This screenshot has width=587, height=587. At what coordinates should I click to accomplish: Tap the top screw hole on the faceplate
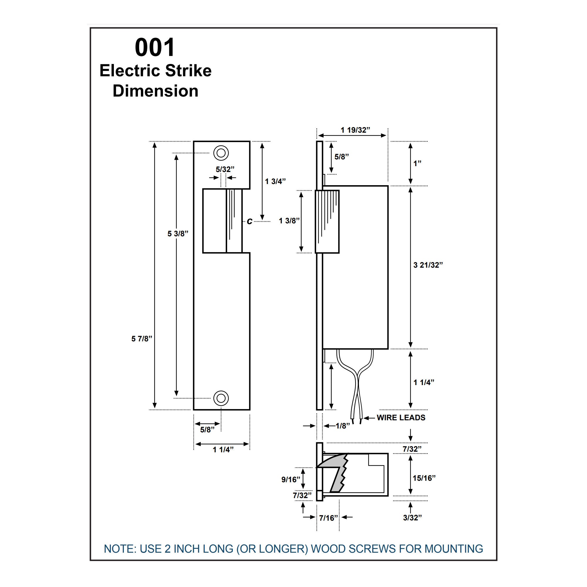[x=221, y=153]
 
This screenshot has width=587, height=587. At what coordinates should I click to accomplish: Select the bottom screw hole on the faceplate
[x=221, y=398]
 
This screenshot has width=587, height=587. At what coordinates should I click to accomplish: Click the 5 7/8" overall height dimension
[x=141, y=339]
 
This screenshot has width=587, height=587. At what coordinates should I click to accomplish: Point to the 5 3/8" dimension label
[x=178, y=234]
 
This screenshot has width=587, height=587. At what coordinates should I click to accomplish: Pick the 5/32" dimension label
[x=225, y=169]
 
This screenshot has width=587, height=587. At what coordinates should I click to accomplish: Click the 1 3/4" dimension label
[x=275, y=181]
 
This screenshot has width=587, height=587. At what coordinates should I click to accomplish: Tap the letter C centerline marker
[x=249, y=222]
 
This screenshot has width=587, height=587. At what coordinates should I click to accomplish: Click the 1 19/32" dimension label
[x=355, y=130]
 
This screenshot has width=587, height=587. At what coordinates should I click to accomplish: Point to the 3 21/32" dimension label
[x=428, y=265]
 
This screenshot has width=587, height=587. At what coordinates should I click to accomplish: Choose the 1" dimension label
[x=417, y=163]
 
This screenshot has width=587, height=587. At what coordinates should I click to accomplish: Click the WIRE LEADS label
[x=401, y=417]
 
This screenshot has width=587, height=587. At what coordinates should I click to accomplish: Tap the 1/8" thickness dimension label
[x=343, y=426]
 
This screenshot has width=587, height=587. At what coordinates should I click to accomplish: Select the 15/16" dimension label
[x=424, y=478]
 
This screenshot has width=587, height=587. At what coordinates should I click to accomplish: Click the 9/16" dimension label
[x=291, y=480]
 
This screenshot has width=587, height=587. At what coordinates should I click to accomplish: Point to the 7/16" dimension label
[x=328, y=518]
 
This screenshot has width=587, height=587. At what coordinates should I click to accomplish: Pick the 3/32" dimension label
[x=412, y=518]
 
